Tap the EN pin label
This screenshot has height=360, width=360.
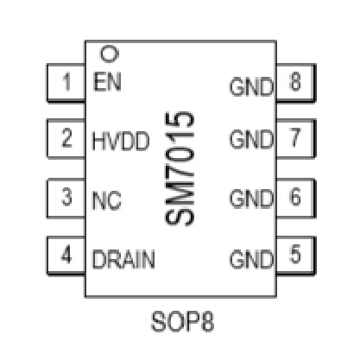click(107, 82)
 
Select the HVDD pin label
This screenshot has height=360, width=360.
click(121, 141)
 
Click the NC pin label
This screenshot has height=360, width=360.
click(106, 200)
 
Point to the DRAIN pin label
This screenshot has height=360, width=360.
click(123, 259)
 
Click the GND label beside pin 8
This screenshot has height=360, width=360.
click(251, 86)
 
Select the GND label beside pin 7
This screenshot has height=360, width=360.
click(251, 139)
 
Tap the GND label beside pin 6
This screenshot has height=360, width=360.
click(251, 199)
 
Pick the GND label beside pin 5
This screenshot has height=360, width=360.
click(251, 259)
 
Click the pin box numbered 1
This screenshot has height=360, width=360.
click(66, 83)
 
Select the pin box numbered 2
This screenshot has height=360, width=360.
click(66, 138)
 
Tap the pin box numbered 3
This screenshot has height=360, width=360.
click(66, 198)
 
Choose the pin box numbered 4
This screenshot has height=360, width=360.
click(66, 256)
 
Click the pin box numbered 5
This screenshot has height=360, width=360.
click(296, 256)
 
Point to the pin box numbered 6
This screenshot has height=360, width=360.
click(296, 198)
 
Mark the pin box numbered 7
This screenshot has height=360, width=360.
click(296, 138)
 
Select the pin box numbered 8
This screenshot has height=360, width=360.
click(296, 83)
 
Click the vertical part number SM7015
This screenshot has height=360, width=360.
click(180, 168)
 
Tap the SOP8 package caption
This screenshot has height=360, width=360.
click(182, 321)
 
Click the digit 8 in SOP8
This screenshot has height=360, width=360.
click(207, 321)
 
